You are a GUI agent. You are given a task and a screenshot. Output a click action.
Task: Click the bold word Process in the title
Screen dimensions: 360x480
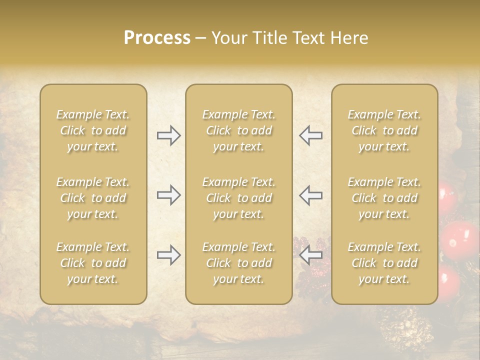(x=157, y=38)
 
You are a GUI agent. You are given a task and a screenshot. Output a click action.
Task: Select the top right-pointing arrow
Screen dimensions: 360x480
(x=169, y=135)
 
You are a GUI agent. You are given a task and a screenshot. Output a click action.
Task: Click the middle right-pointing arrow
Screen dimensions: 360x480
(x=169, y=195)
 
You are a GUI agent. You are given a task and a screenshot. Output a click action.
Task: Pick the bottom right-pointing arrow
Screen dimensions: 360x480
(x=169, y=255)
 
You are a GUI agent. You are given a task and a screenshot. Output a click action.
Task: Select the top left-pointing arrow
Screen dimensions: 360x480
(x=310, y=135)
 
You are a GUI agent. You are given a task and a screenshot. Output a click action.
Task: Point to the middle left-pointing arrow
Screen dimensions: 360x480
(x=310, y=195)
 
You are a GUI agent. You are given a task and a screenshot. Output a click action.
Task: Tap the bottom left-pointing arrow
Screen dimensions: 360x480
(x=310, y=255)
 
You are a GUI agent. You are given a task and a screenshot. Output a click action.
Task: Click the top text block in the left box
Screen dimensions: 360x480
(x=93, y=130)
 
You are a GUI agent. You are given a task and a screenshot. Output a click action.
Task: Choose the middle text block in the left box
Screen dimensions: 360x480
(x=93, y=198)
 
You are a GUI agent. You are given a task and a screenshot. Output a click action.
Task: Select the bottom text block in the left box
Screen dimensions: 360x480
(x=93, y=263)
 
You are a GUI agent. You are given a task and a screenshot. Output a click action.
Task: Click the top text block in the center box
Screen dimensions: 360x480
(x=239, y=130)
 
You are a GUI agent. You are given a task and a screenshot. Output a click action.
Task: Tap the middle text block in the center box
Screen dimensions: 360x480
(x=239, y=198)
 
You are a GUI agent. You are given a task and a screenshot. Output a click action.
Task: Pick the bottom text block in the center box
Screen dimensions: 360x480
(x=239, y=263)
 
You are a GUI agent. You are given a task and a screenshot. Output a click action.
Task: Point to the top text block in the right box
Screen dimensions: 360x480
(x=384, y=130)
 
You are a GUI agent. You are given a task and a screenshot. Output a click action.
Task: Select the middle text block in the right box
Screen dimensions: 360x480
(x=384, y=198)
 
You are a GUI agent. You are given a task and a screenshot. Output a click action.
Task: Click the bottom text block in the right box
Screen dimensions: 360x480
(x=384, y=263)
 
